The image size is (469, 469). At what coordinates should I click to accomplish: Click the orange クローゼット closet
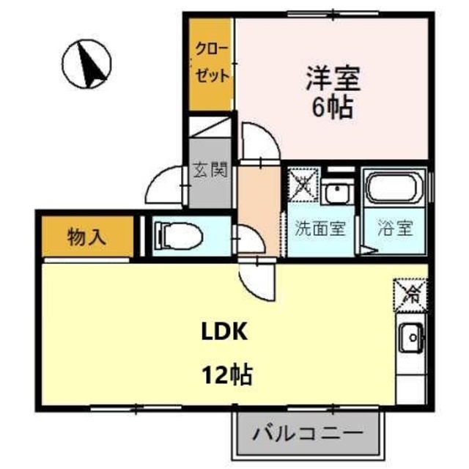point(211,64)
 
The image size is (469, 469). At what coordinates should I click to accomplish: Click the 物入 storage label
point(87,237)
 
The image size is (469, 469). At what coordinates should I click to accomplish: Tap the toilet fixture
point(173,235)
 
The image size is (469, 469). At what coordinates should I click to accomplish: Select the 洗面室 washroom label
point(320,227)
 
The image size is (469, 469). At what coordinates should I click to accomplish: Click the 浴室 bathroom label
point(395,227)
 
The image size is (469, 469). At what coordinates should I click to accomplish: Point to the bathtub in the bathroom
point(396,188)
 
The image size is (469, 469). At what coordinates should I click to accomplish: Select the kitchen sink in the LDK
point(412,339)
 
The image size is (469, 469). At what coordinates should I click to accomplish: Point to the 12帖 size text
point(227,376)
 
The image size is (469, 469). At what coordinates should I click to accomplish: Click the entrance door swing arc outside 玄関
point(166,186)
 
